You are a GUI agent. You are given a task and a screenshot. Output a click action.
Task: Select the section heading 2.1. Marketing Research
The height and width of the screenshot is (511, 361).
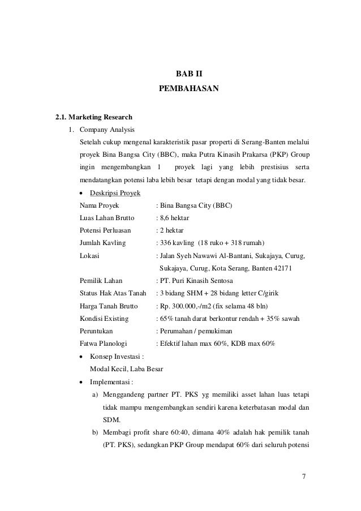coord(93,118)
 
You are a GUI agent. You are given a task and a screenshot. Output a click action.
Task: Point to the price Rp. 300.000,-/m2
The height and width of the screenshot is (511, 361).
coord(191,306)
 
